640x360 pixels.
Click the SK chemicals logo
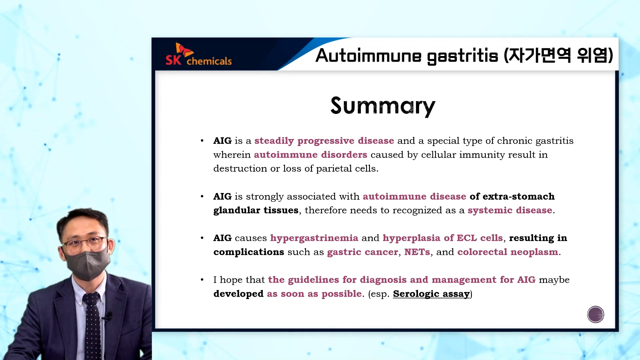coord(199,54)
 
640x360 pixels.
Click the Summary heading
coord(383,106)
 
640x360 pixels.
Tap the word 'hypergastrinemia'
coord(314,238)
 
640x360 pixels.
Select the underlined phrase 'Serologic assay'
coord(431,294)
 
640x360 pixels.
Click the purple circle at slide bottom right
coord(595,314)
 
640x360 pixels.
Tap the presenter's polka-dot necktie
coord(92,325)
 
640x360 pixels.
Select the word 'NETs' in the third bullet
coord(417,252)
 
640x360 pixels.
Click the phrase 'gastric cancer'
coord(362,252)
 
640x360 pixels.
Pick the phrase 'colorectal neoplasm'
coord(508,252)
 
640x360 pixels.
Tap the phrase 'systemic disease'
coord(510,210)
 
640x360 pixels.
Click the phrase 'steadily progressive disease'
coord(324,141)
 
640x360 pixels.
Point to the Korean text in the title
coord(558,55)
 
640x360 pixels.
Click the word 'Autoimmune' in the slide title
coord(368,55)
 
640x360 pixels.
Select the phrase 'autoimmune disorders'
coord(310,155)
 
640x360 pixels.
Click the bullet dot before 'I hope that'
coord(202,280)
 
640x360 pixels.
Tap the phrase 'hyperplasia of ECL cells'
coord(443,238)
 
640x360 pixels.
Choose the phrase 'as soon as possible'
coord(314,294)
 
